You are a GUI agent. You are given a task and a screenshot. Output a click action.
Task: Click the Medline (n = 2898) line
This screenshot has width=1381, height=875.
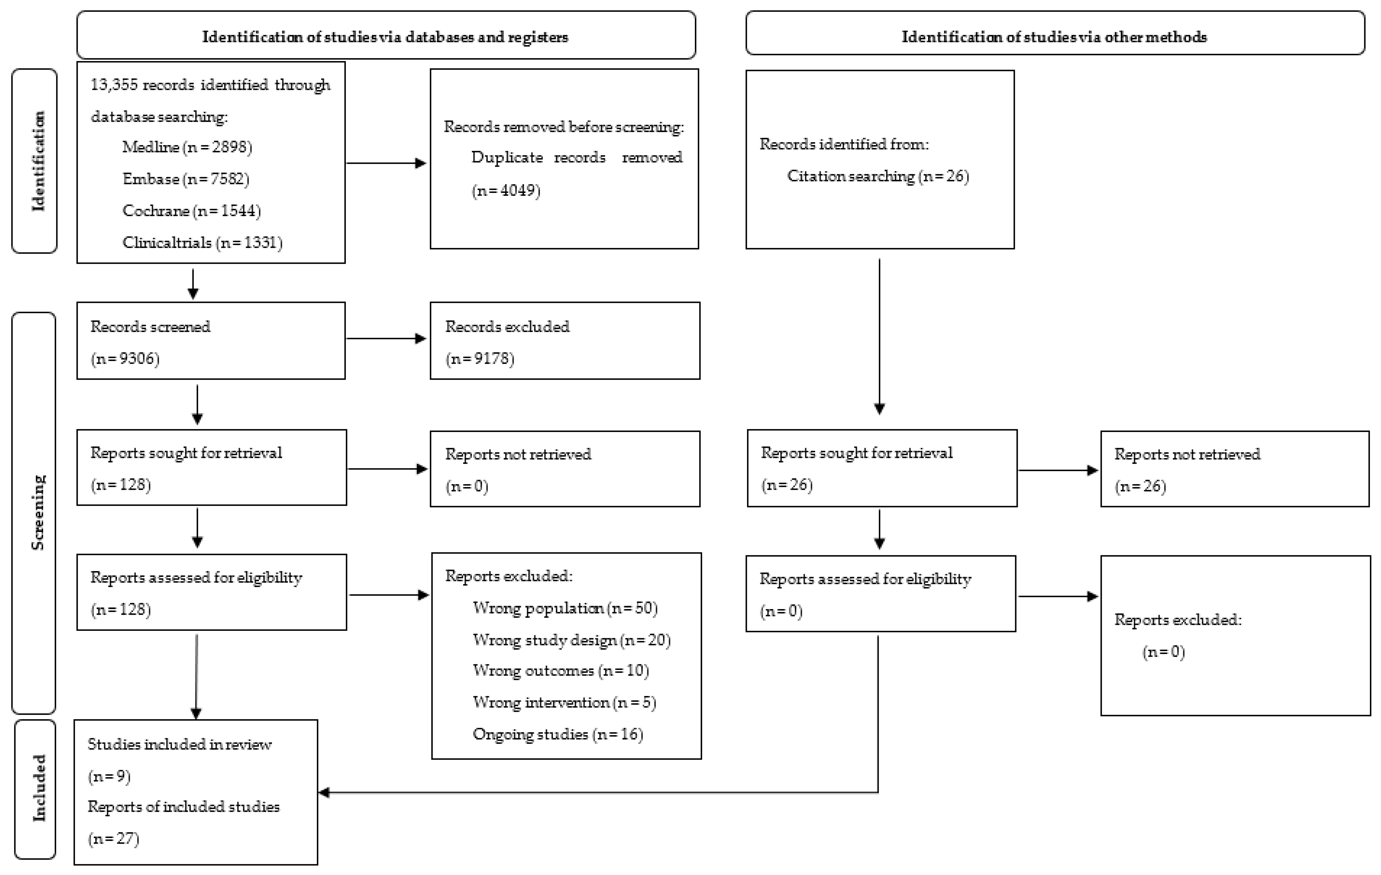(x=187, y=147)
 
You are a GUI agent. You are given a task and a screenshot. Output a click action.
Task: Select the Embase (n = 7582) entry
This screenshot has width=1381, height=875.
(x=186, y=179)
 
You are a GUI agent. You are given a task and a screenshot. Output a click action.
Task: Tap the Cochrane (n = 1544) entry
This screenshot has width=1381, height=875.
(x=192, y=211)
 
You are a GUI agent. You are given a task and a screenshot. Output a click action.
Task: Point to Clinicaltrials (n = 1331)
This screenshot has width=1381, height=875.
(x=202, y=243)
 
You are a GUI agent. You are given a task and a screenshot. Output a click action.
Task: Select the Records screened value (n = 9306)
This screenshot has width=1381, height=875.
(x=125, y=359)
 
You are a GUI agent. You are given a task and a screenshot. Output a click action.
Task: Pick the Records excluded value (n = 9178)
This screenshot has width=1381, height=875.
(x=479, y=359)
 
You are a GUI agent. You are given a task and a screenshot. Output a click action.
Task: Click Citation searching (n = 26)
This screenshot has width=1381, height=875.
(x=877, y=176)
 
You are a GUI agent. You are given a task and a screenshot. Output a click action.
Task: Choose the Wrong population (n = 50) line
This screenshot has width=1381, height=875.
(x=565, y=608)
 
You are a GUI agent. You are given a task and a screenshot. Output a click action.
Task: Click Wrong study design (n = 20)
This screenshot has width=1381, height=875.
(x=571, y=640)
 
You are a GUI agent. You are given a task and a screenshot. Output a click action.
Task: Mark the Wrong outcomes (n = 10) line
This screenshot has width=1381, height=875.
(x=560, y=671)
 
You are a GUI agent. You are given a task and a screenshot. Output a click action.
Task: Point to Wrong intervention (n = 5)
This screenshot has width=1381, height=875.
(x=564, y=702)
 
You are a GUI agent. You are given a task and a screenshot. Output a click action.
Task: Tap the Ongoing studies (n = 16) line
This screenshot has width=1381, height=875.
(x=557, y=734)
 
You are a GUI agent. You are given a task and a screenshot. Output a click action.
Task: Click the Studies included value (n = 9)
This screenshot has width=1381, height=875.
(x=109, y=776)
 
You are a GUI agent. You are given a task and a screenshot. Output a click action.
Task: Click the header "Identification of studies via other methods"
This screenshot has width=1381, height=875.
(x=1054, y=37)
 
